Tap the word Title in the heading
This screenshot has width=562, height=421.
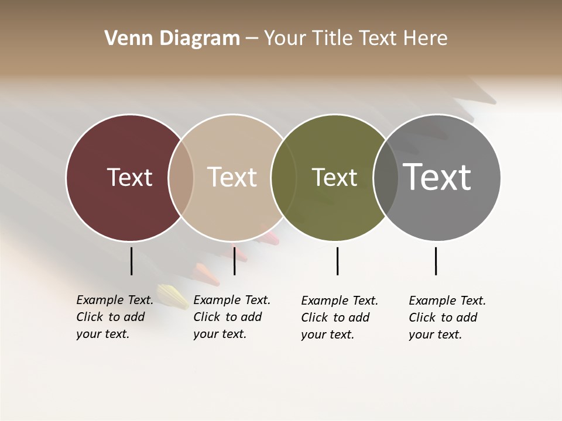pyautogui.click(x=332, y=39)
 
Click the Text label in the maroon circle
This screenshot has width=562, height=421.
pyautogui.click(x=129, y=177)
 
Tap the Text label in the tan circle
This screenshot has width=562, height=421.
pyautogui.click(x=232, y=177)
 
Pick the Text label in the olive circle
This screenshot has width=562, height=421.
pyautogui.click(x=334, y=177)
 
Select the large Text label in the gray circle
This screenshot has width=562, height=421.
pyautogui.click(x=437, y=177)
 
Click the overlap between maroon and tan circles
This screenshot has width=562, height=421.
pyautogui.click(x=181, y=177)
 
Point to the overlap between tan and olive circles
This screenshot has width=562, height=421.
pyautogui.click(x=283, y=177)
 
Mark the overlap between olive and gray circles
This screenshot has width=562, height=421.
pyautogui.click(x=386, y=177)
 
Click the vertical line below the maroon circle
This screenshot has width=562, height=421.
pyautogui.click(x=131, y=261)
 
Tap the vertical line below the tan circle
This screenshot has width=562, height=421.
pyautogui.click(x=234, y=261)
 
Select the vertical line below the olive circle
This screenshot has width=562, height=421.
pyautogui.click(x=337, y=261)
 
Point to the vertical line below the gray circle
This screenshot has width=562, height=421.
pyautogui.click(x=436, y=261)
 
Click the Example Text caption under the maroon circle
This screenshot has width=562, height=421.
pyautogui.click(x=115, y=317)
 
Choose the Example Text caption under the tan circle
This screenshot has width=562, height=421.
pyautogui.click(x=232, y=317)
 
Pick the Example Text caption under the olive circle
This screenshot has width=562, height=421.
pyautogui.click(x=340, y=318)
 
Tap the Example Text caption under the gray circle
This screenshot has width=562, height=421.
pyautogui.click(x=447, y=318)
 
